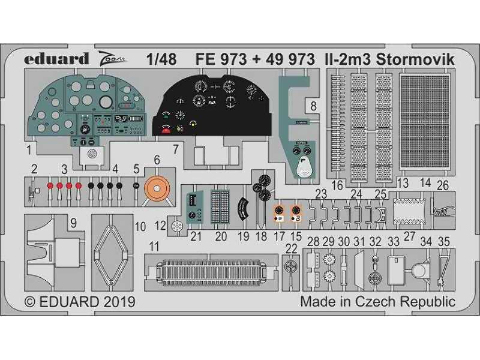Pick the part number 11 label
tap(154, 246)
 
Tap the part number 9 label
tap(73, 224)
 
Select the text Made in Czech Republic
tap(377, 301)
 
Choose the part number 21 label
tap(196, 236)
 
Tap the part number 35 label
tap(445, 241)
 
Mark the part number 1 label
tap(29, 146)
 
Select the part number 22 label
tap(292, 249)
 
